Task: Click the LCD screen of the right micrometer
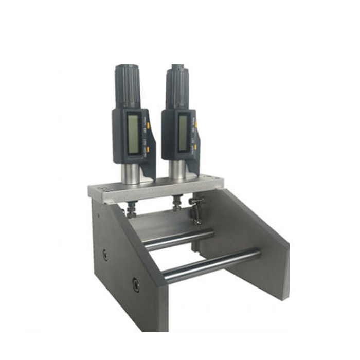(x=183, y=132)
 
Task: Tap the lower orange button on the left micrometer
(x=147, y=150)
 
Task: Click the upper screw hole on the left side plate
(x=105, y=254)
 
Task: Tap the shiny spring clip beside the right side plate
(x=197, y=209)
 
